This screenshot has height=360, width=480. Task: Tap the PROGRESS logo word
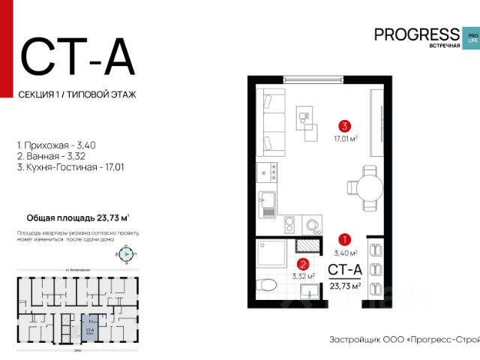tap(416, 34)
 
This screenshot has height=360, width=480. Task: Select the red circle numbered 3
tap(343, 126)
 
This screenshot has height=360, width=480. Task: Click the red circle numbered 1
tap(344, 240)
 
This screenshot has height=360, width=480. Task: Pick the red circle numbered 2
tap(303, 263)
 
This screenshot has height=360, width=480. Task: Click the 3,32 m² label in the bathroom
tap(302, 276)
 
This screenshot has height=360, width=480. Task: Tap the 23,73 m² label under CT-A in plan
tap(345, 285)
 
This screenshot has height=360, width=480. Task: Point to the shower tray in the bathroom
tap(270, 254)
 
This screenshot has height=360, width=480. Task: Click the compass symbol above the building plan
tap(126, 254)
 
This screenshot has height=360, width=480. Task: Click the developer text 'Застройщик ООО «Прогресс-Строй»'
tap(403, 339)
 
